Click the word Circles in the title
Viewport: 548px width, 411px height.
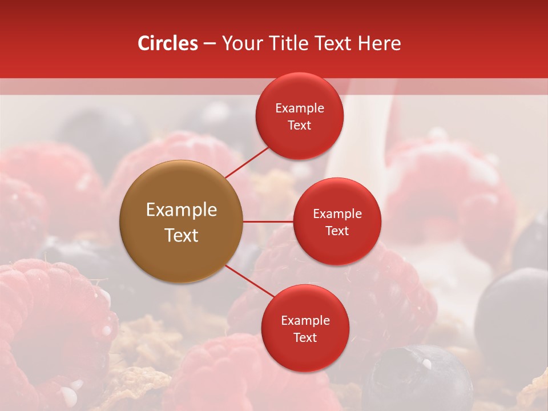point(168,43)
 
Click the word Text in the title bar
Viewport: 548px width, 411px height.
point(334,43)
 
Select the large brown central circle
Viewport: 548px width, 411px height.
point(182,221)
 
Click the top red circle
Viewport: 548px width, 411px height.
point(300,116)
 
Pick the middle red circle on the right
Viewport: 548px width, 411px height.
point(337,221)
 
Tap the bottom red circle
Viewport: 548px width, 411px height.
point(305,328)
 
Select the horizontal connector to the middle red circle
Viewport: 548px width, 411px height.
point(268,221)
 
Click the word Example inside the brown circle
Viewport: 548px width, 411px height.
point(182,210)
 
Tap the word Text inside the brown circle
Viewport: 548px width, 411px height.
point(182,235)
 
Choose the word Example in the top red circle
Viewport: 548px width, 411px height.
point(300,108)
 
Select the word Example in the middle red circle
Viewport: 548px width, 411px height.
point(337,214)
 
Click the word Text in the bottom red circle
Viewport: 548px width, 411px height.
point(305,337)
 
